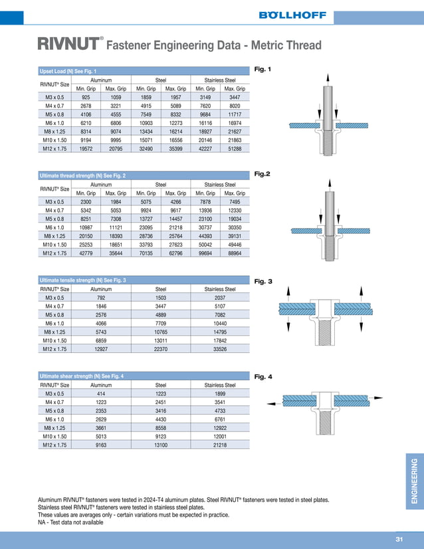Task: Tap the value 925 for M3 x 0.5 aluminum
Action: pyautogui.click(x=86, y=97)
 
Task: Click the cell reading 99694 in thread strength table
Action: pyautogui.click(x=205, y=253)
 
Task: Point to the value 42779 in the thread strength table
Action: pyautogui.click(x=86, y=253)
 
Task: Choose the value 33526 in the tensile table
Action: pyautogui.click(x=220, y=349)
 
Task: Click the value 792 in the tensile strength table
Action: pyautogui.click(x=101, y=298)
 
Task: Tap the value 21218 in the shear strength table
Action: pyautogui.click(x=220, y=445)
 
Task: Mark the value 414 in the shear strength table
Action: pyautogui.click(x=101, y=393)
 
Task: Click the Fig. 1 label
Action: pyautogui.click(x=263, y=69)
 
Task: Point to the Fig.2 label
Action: pyautogui.click(x=263, y=173)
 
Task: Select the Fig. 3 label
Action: pyautogui.click(x=264, y=281)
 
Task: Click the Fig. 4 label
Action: pyautogui.click(x=264, y=377)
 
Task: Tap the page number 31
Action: pyautogui.click(x=399, y=539)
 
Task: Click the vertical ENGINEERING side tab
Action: pyautogui.click(x=414, y=481)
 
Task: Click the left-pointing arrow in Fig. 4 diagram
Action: pyautogui.click(x=271, y=403)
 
